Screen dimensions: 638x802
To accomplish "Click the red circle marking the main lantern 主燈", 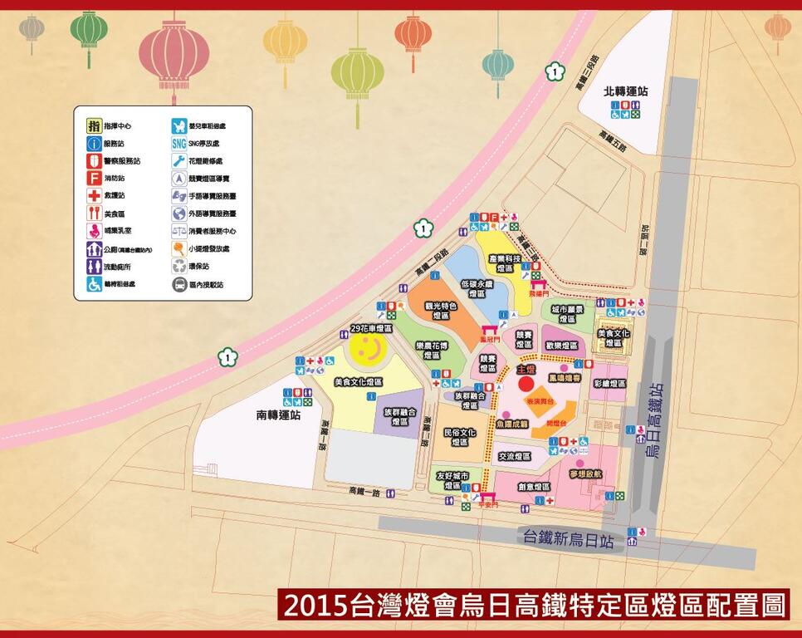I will pyautogui.click(x=526, y=383).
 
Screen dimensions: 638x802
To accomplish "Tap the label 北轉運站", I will pyautogui.click(x=626, y=91).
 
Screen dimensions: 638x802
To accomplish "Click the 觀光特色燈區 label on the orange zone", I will pyautogui.click(x=440, y=311).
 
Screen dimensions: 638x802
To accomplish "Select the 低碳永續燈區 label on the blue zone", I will pyautogui.click(x=477, y=288).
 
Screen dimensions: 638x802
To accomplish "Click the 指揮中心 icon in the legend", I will pyautogui.click(x=95, y=126).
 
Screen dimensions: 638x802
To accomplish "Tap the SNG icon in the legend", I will pyautogui.click(x=179, y=143).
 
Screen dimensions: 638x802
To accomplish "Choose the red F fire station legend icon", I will pyautogui.click(x=95, y=178).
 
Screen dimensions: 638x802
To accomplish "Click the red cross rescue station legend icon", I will pyautogui.click(x=95, y=196).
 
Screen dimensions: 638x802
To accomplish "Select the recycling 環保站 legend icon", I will pyautogui.click(x=179, y=267).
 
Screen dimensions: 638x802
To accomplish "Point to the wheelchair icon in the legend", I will pyautogui.click(x=95, y=284).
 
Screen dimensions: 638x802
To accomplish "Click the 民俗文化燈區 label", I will pyautogui.click(x=459, y=437).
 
